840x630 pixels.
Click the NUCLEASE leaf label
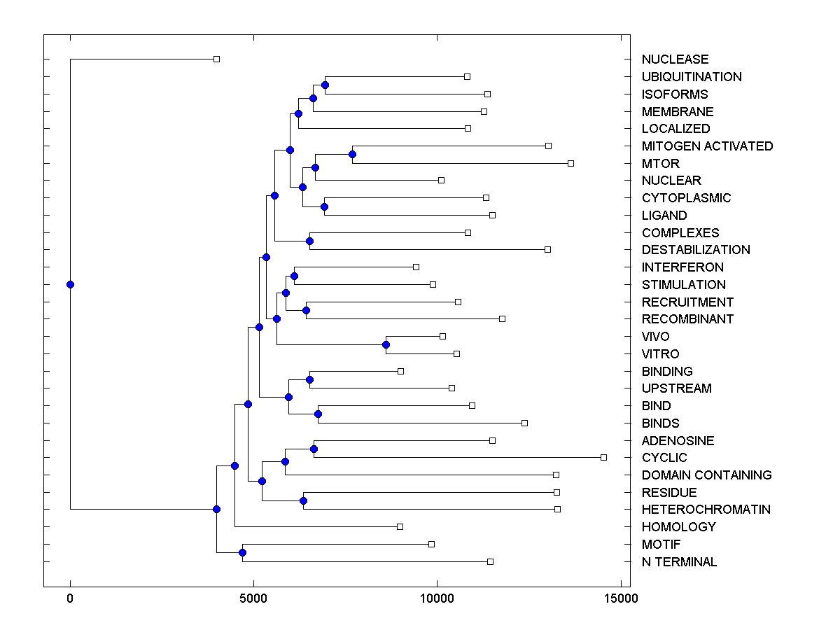tap(675, 59)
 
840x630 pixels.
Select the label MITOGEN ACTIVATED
tap(707, 146)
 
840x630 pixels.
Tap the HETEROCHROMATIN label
tap(706, 510)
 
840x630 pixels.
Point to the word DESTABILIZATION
tap(695, 250)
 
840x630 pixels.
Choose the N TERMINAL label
tap(679, 562)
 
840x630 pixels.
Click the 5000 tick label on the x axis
tap(253, 598)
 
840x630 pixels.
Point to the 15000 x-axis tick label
tap(620, 598)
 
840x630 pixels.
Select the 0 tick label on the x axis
tap(70, 598)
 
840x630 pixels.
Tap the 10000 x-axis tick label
tap(437, 598)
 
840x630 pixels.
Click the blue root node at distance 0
tap(70, 284)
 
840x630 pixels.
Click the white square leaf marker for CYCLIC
tap(603, 457)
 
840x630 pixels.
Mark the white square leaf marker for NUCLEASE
tap(216, 59)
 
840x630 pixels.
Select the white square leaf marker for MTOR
tap(570, 163)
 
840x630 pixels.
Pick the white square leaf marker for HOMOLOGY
tap(400, 526)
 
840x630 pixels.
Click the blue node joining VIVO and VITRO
tap(386, 344)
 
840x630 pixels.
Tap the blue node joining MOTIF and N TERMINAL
tap(242, 553)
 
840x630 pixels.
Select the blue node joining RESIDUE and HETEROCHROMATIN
tap(303, 500)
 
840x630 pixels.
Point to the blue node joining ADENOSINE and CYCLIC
tap(314, 449)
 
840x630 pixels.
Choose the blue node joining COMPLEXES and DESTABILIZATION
tap(309, 241)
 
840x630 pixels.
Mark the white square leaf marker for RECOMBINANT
tap(502, 318)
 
